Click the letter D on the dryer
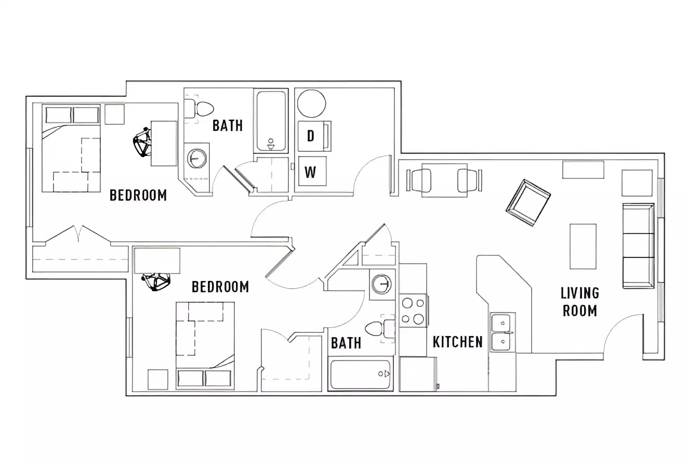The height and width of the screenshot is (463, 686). click(310, 136)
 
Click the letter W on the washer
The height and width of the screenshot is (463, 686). click(310, 172)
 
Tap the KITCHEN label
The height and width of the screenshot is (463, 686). click(457, 342)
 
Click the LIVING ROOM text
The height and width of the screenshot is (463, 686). click(579, 302)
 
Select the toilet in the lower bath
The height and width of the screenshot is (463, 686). click(378, 329)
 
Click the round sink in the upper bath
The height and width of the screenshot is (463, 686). click(197, 158)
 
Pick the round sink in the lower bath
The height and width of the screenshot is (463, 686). click(382, 284)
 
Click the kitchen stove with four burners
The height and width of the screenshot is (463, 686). click(413, 311)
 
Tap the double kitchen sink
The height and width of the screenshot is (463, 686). click(502, 332)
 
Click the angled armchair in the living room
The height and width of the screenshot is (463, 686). click(528, 202)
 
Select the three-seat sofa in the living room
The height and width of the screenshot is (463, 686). click(638, 246)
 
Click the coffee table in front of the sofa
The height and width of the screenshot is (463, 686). click(583, 246)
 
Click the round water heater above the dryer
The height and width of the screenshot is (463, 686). click(311, 103)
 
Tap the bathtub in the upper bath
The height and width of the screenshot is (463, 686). click(271, 122)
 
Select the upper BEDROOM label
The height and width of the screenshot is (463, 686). click(138, 195)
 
